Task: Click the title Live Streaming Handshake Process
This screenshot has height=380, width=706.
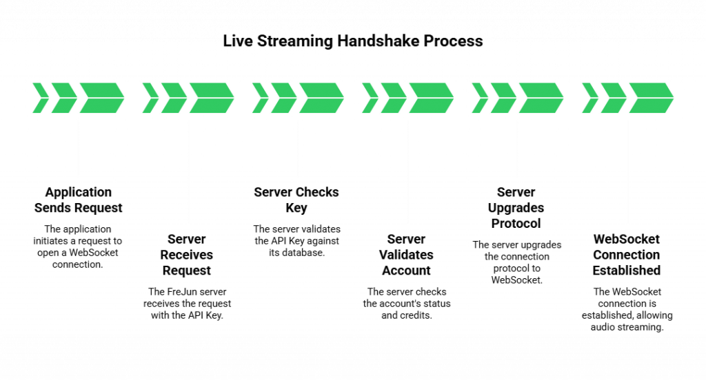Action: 353,41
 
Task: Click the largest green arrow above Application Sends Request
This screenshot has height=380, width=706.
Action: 101,97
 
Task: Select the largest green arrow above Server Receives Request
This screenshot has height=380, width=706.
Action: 210,97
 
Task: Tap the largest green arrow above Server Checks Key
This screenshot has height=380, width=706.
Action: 320,97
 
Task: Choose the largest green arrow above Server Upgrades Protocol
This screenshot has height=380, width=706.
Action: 540,97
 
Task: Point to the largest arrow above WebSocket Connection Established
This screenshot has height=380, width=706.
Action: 649,97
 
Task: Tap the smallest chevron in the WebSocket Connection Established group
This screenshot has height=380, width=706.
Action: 589,97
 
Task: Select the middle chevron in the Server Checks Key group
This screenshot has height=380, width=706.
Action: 283,97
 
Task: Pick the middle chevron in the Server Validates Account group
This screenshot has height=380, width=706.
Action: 392,97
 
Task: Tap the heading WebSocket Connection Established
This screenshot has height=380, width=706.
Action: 627,255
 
